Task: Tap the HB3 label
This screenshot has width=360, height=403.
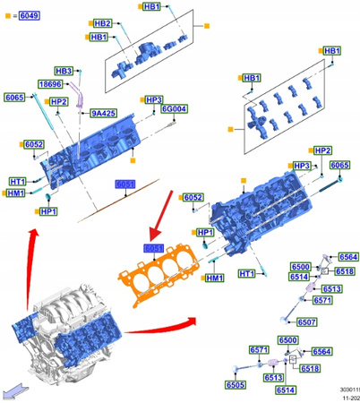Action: click(x=64, y=70)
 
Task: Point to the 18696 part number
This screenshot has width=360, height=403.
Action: click(x=50, y=83)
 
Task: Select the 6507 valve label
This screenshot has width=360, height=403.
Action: click(x=306, y=322)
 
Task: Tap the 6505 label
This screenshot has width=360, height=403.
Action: click(x=235, y=385)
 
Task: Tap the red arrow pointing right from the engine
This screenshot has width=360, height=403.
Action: click(x=161, y=324)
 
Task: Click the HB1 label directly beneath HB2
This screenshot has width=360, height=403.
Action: click(x=99, y=38)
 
